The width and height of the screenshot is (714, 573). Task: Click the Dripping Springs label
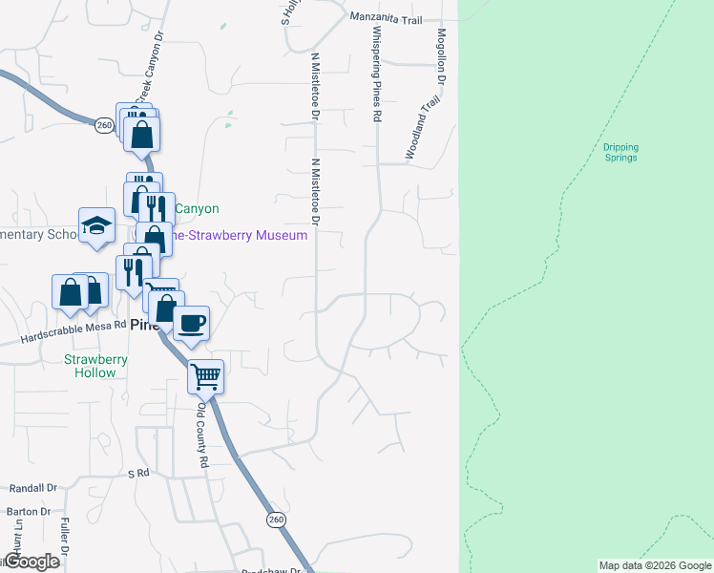pyautogui.click(x=620, y=153)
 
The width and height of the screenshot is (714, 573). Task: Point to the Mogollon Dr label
pyautogui.click(x=442, y=57)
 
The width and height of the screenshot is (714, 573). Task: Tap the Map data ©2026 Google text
pyautogui.click(x=655, y=565)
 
